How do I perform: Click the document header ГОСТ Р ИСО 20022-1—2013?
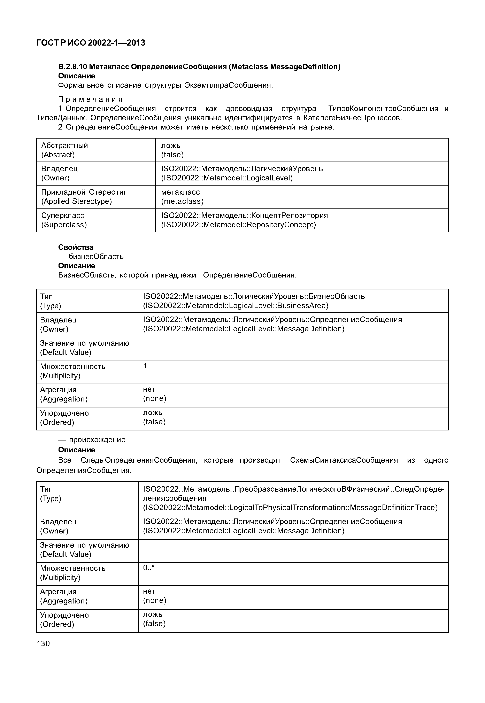(91, 43)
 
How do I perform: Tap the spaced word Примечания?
(90, 99)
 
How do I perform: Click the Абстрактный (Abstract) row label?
(64, 150)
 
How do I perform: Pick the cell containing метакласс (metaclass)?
(182, 197)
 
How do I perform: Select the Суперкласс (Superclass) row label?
(64, 220)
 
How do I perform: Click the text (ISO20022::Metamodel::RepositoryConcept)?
(238, 225)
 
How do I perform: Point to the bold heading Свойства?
(76, 247)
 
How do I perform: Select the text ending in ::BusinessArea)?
(236, 306)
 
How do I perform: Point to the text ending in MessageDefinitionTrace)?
(290, 508)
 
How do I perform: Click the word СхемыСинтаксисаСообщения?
(344, 460)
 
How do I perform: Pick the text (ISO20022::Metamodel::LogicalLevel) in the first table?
(227, 178)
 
